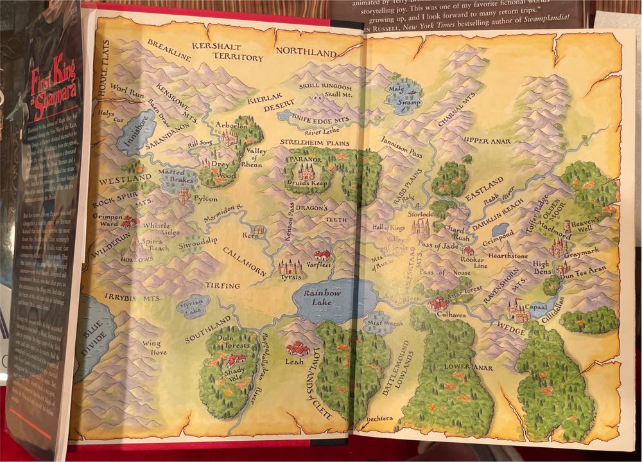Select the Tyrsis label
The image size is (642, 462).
291,278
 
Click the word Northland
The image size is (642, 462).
306,52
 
